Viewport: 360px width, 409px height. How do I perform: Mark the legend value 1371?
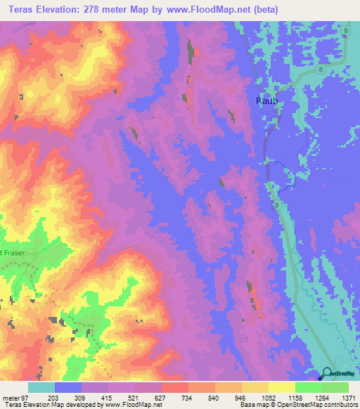point(349,397)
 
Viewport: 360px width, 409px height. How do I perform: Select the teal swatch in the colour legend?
point(41,387)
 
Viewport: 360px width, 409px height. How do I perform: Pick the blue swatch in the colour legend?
point(68,387)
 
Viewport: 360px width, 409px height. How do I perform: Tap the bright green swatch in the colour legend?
point(309,387)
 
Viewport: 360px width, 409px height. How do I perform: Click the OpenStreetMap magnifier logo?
point(329,374)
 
